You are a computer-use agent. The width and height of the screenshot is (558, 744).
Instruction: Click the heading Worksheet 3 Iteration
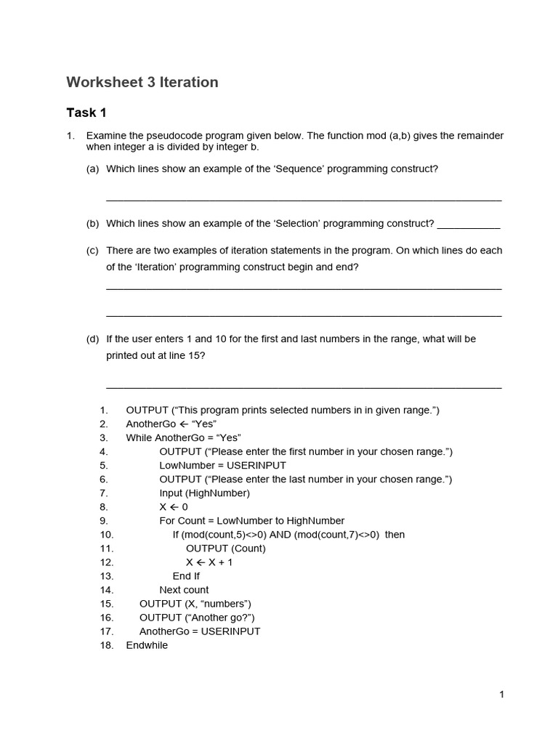(x=142, y=82)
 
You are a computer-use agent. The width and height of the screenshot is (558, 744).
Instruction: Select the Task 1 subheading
(x=86, y=113)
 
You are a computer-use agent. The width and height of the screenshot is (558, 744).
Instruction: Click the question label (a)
(x=92, y=169)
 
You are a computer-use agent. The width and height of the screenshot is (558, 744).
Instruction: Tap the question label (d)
(x=92, y=339)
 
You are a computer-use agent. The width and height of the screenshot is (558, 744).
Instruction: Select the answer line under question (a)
(x=304, y=200)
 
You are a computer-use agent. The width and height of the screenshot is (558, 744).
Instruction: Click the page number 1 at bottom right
(x=501, y=695)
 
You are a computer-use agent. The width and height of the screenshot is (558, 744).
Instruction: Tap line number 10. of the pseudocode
(x=107, y=535)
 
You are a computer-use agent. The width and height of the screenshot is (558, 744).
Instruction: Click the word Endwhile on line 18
(x=147, y=645)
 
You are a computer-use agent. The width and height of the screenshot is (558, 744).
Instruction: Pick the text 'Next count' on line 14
(x=184, y=590)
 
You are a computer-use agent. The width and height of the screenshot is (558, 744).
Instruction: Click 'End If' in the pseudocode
(x=186, y=576)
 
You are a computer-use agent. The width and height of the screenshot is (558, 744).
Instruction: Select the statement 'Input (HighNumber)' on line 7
(x=204, y=493)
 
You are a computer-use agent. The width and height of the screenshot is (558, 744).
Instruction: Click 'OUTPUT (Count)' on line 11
(x=225, y=549)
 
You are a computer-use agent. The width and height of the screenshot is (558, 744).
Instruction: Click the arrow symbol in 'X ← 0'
(x=174, y=507)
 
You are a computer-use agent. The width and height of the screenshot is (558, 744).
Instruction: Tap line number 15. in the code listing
(x=107, y=604)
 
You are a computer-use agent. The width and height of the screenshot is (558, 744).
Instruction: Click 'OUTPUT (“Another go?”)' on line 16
(x=197, y=618)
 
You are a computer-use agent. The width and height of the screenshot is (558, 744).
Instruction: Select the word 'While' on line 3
(x=139, y=437)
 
